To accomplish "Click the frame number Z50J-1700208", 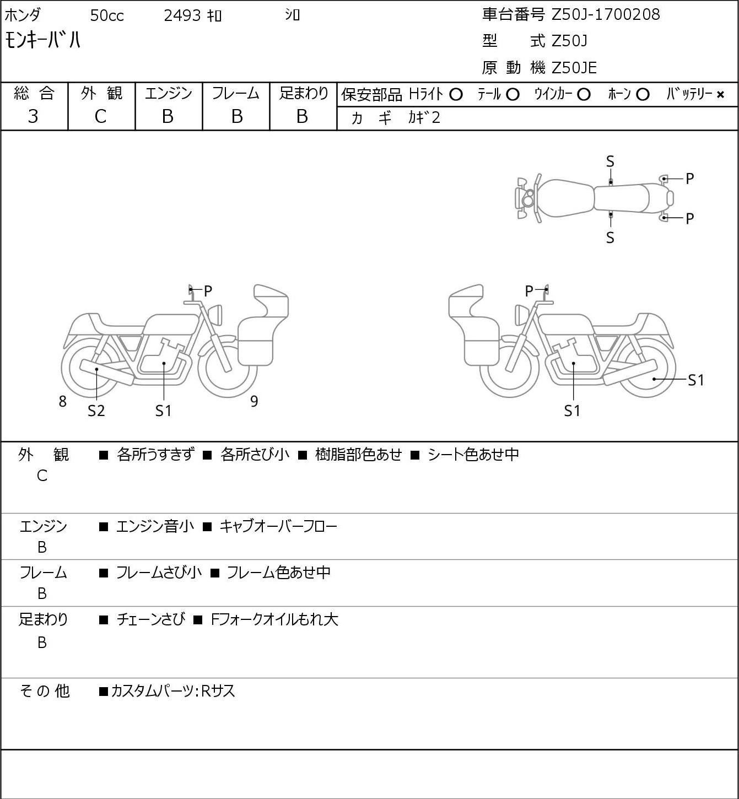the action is [x=606, y=15].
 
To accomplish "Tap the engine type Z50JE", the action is [x=574, y=68].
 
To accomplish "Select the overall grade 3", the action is [x=33, y=117].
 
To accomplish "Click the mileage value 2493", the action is [x=182, y=15].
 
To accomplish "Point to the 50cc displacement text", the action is [x=107, y=15].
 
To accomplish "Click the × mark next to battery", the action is [x=720, y=95].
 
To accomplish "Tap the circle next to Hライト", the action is [x=456, y=95].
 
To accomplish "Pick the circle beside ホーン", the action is [x=643, y=95].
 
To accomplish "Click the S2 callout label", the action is [x=96, y=411].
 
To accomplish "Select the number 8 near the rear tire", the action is [x=62, y=401].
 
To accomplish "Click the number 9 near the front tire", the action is [x=254, y=401].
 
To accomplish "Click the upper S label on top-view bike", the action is [x=610, y=162].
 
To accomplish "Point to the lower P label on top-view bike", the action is [x=689, y=219].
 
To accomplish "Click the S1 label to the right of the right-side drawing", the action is [x=696, y=380].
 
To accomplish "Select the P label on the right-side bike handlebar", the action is [x=529, y=291].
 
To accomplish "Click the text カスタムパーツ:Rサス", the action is [x=172, y=691].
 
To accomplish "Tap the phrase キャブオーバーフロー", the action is [x=278, y=526].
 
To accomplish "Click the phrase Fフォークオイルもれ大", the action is [x=274, y=619].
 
